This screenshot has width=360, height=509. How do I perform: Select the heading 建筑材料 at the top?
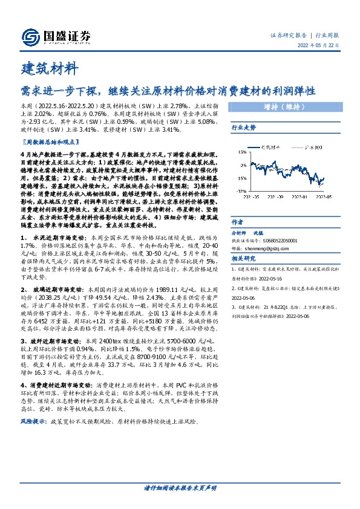coord(48,67)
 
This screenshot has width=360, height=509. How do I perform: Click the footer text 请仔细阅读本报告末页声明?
coord(180,487)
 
